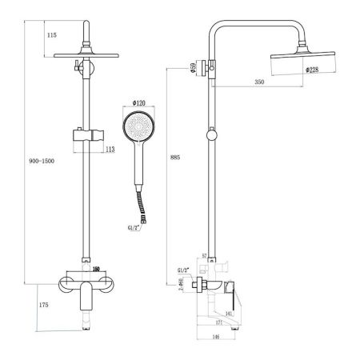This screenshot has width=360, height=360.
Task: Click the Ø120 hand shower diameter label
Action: pos(138,104)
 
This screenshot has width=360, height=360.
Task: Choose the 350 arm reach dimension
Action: pos(259,82)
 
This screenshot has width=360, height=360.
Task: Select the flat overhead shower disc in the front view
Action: pos(85,56)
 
